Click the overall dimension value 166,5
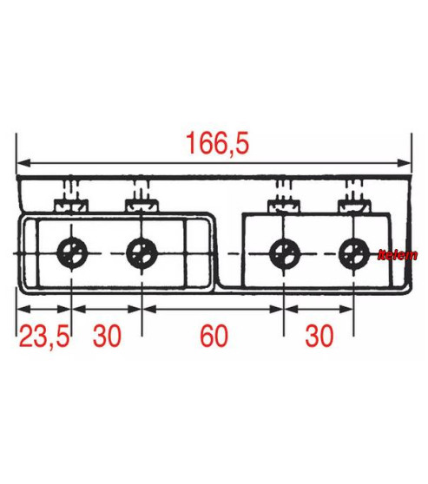tap(217, 143)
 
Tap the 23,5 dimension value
tap(44, 337)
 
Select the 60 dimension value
tap(214, 337)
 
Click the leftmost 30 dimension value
tap(107, 337)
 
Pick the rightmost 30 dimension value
tap(319, 337)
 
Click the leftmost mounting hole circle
tap(72, 253)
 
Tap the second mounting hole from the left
tap(142, 253)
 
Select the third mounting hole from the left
tap(284, 253)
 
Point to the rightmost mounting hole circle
tap(354, 253)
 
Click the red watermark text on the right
tap(398, 255)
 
